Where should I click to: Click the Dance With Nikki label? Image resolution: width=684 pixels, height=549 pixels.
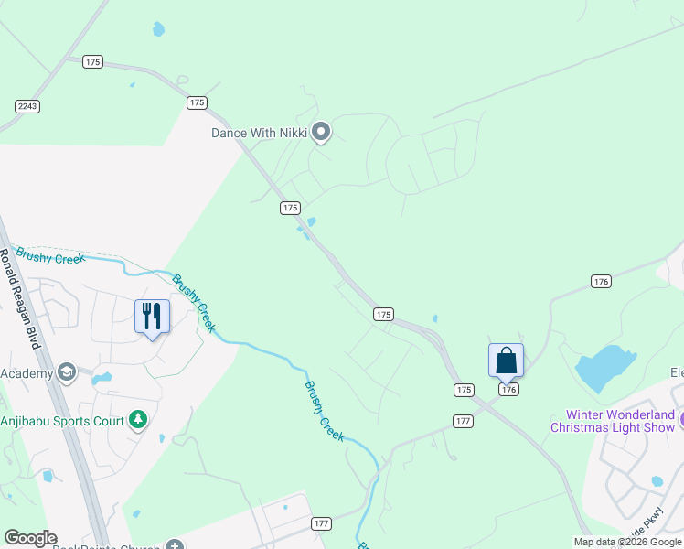coord(259,133)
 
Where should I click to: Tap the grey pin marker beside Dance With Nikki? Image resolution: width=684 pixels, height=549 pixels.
coord(320,133)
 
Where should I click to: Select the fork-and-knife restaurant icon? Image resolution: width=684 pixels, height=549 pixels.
coord(152,317)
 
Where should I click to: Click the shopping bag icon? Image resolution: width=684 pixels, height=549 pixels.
coord(506,361)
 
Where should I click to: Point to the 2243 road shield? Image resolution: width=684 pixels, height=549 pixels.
coord(27,107)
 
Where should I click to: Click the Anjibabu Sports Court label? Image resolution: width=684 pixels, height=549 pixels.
coord(62,421)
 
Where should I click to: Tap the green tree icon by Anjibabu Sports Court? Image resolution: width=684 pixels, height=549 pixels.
coord(138,420)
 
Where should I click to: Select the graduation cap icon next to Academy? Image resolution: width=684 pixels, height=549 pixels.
coord(66,372)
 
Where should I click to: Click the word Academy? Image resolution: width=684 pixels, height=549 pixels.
coord(27,373)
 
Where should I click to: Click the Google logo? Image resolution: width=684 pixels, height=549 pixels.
coord(30,537)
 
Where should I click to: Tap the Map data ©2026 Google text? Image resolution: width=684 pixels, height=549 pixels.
coord(627,542)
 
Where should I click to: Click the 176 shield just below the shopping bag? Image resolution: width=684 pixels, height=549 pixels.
coord(509,390)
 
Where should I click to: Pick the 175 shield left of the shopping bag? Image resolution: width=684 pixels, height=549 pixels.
coord(464,390)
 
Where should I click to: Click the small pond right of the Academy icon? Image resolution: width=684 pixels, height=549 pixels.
coord(102,377)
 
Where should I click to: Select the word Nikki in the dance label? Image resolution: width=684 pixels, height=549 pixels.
coord(293,133)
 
